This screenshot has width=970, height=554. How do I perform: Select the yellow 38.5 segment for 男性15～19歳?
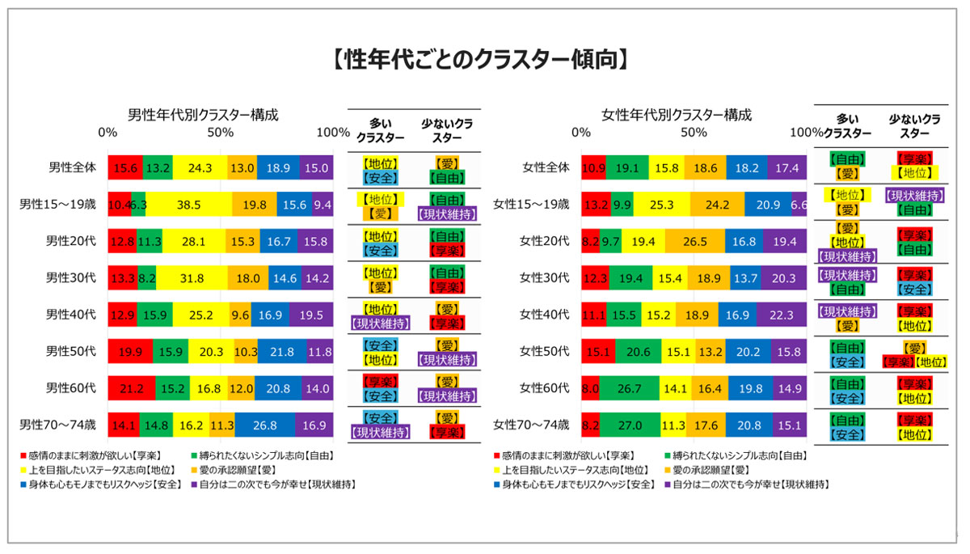(188, 204)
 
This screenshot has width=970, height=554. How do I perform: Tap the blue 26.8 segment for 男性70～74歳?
(264, 424)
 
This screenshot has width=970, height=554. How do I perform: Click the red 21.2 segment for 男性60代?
(131, 387)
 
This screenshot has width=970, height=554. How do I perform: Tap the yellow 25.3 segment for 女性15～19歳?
(661, 204)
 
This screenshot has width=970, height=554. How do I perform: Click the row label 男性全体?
(72, 167)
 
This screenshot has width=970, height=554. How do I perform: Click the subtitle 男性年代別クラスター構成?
(203, 115)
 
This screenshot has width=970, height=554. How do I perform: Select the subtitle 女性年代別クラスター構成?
(677, 115)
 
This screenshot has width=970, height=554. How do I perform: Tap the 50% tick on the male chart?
(220, 133)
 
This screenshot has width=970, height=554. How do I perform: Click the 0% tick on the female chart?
(580, 133)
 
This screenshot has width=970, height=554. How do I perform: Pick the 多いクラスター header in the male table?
(380, 129)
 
